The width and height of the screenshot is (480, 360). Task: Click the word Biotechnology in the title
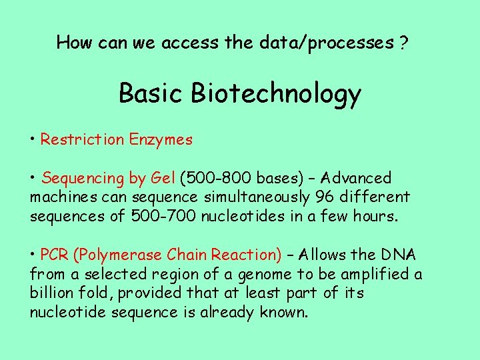(276, 95)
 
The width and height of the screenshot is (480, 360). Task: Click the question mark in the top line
(404, 43)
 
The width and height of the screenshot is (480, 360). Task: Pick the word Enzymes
(161, 140)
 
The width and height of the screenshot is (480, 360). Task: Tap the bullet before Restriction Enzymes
(33, 140)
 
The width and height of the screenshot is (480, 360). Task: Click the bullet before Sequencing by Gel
(33, 179)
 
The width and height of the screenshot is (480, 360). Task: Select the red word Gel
(163, 179)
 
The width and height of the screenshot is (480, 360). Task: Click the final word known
(285, 312)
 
